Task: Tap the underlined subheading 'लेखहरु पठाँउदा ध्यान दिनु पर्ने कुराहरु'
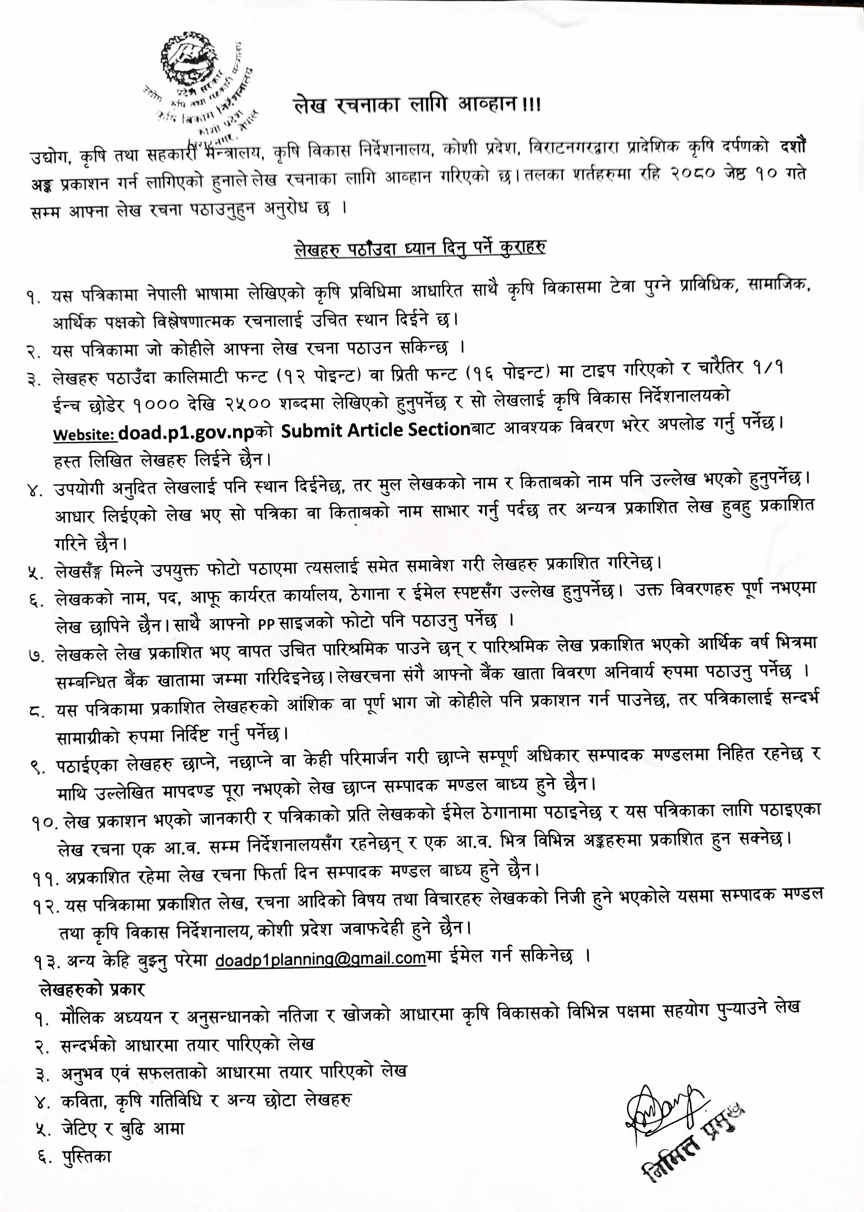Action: click(x=421, y=247)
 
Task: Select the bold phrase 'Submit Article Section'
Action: click(x=373, y=431)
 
